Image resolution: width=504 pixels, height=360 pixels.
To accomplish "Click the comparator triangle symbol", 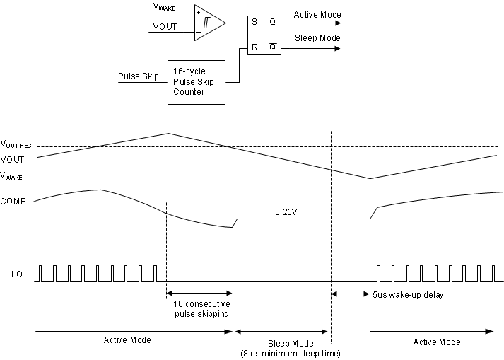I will click(208, 23).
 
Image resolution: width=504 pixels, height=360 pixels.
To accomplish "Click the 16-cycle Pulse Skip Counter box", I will click(196, 82).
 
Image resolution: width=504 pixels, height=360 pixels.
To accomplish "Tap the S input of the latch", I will click(254, 23).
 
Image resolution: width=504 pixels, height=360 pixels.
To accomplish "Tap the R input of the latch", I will click(254, 48).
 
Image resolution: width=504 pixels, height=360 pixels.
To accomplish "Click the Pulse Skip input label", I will click(139, 76).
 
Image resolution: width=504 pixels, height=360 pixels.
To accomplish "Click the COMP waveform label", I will click(13, 202).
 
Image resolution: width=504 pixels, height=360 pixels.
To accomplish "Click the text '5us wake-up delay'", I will click(408, 295).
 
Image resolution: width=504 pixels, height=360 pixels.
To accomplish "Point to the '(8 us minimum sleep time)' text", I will click(290, 353).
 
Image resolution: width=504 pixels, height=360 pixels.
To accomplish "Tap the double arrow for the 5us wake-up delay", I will click(351, 294).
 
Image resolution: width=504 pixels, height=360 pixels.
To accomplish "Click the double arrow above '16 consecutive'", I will click(199, 293).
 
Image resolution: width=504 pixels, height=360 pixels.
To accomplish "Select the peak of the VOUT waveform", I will click(168, 133).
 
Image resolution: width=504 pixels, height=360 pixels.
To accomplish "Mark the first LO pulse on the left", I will click(40, 273).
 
